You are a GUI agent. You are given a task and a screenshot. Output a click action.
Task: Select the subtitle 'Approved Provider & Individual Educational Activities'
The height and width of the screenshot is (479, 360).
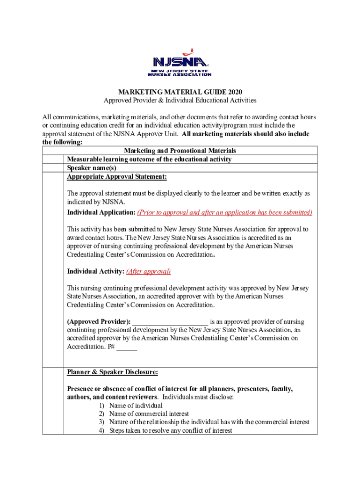(x=180, y=101)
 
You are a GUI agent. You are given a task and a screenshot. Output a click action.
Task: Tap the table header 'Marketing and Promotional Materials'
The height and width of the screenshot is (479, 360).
(x=180, y=151)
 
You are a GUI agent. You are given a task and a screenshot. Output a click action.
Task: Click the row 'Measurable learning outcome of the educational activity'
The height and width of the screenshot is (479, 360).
(x=149, y=160)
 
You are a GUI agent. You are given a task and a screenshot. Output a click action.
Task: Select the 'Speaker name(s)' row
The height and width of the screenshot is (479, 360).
(x=92, y=168)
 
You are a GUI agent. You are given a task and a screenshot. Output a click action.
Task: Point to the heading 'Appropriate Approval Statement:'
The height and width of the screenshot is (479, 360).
(x=117, y=177)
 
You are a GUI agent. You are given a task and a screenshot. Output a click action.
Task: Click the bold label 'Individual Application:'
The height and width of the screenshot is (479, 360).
(x=101, y=212)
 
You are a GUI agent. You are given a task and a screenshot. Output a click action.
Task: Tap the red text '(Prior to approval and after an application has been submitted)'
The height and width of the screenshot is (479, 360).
(x=224, y=212)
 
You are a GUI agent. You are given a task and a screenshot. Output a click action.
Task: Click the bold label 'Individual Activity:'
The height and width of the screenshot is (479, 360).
(x=95, y=271)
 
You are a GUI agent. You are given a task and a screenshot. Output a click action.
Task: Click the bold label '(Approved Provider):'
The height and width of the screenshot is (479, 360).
(x=99, y=322)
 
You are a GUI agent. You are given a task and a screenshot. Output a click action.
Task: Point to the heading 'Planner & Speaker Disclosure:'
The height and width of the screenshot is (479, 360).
(x=112, y=372)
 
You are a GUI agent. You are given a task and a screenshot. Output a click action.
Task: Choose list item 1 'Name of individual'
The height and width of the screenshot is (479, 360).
(x=136, y=406)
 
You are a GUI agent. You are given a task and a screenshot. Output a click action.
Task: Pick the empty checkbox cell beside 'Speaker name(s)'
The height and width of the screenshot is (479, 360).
(x=53, y=168)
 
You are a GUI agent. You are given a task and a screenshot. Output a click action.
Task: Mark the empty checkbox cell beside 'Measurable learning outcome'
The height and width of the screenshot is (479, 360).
(x=53, y=160)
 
